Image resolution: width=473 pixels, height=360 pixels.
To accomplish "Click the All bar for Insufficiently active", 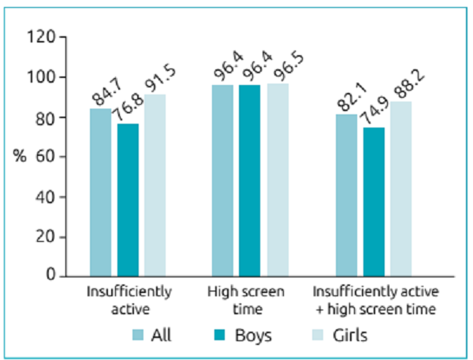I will pos(100,192).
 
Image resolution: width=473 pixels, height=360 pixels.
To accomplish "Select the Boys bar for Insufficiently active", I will pos(128,200).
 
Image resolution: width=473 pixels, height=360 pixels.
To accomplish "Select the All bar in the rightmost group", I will pos(347,195).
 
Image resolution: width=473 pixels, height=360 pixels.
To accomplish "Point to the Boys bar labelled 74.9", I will pos(374,202).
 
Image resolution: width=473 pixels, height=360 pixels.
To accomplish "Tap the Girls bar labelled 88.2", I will pos(400,188).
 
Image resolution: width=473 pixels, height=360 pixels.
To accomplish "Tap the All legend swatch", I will pos(140,335).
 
